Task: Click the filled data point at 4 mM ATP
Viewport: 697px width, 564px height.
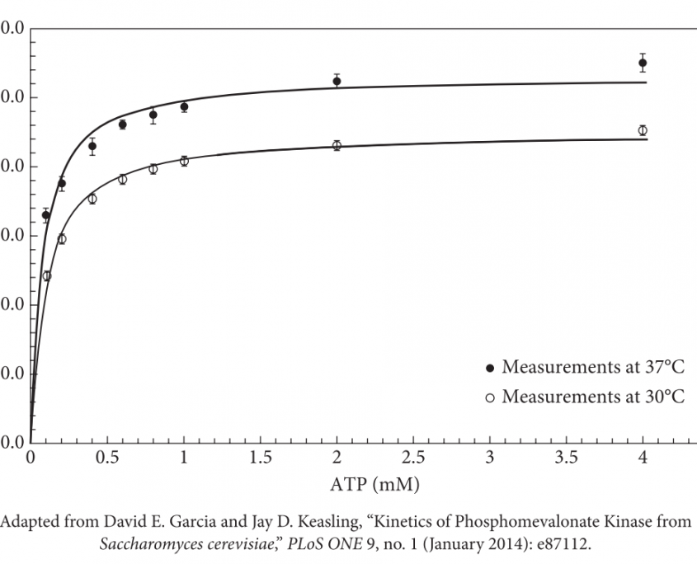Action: pos(642,63)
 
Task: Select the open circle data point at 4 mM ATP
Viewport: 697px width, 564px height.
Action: pos(643,130)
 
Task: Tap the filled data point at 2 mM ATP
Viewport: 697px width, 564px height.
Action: pos(337,81)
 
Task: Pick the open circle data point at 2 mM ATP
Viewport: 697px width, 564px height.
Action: pos(337,146)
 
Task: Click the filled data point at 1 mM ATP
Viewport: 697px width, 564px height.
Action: pos(184,107)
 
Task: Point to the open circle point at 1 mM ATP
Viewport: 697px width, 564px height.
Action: pos(184,161)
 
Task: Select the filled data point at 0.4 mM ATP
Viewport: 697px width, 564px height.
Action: pos(92,147)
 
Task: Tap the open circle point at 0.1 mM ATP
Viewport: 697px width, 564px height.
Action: pos(47,275)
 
